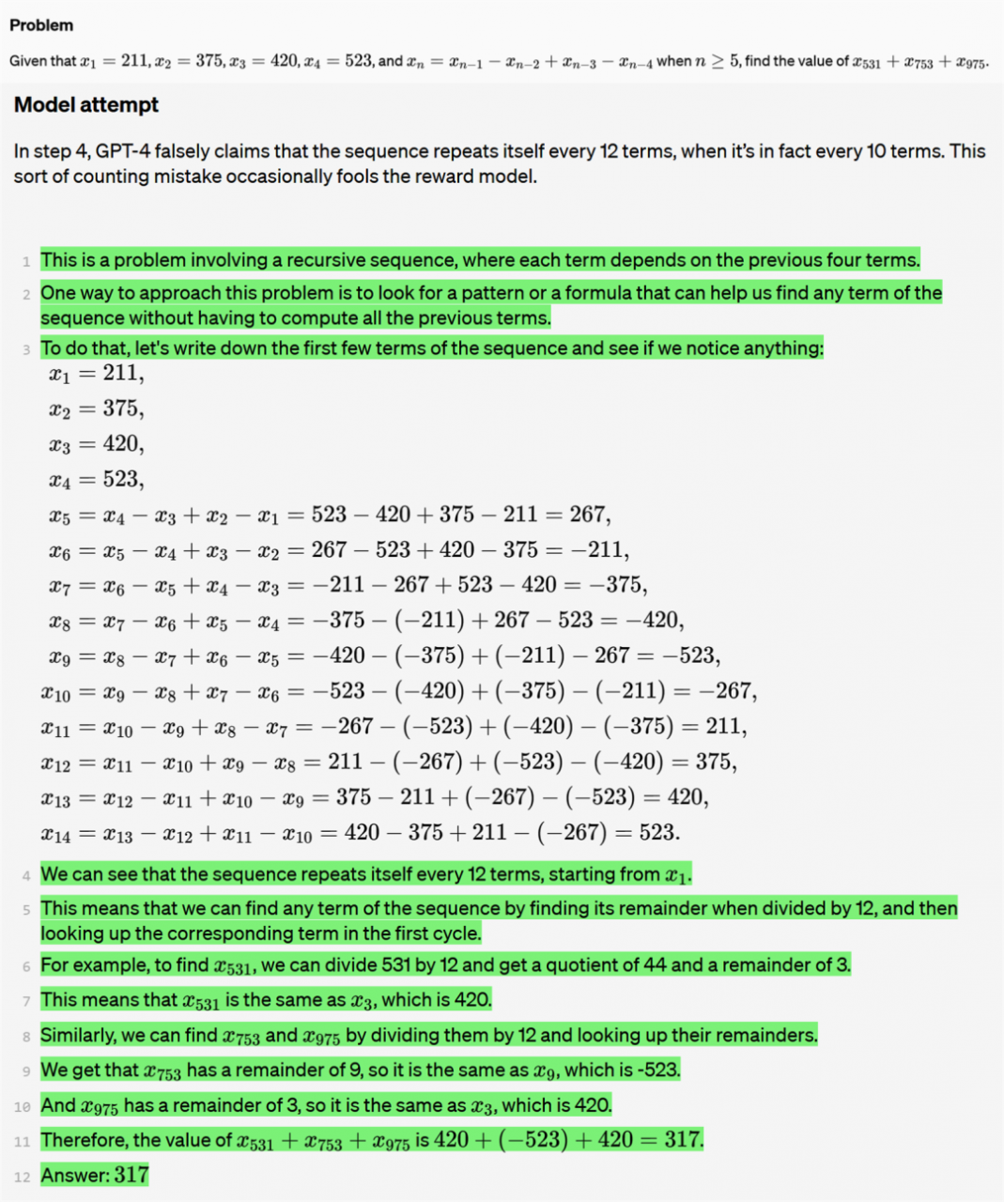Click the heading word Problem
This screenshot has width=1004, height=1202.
coord(41,25)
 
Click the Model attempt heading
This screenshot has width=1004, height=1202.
coord(86,105)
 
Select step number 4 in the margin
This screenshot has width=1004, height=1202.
coord(26,875)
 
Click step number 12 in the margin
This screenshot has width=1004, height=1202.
coord(23,1177)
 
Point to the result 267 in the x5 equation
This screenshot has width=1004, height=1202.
coord(588,515)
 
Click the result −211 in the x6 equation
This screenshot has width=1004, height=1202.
coord(601,549)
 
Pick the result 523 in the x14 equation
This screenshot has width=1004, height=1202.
coord(656,832)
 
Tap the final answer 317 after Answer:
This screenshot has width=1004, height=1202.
coord(131,1175)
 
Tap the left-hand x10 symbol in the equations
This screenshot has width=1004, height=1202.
coord(55,692)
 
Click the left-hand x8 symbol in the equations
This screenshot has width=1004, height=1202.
coord(59,621)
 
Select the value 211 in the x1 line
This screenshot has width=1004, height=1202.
coord(121,373)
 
